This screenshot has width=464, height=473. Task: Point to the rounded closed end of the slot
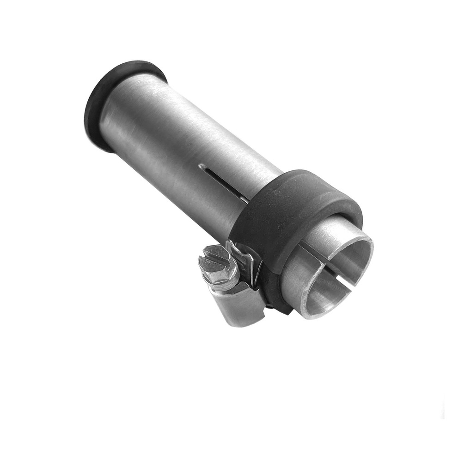click(x=201, y=166)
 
